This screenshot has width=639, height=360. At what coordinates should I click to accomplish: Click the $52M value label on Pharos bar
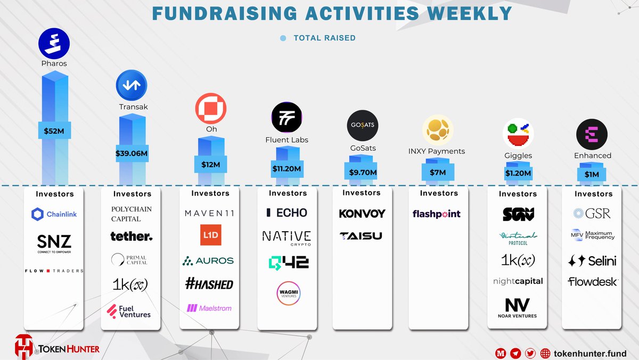coord(54,130)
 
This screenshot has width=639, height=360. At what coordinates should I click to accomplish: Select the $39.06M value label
coord(132,153)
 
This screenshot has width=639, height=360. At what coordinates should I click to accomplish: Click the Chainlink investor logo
coord(54,214)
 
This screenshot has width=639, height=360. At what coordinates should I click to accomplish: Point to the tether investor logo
coord(132,236)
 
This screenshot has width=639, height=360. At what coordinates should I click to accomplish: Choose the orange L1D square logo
coord(210,235)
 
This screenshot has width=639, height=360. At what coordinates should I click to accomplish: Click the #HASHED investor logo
coord(210,284)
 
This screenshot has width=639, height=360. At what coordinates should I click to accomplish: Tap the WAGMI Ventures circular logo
coord(288,293)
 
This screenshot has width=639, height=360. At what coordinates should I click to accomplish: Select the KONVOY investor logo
coord(362,214)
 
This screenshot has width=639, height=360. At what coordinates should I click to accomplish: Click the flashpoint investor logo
coord(437,214)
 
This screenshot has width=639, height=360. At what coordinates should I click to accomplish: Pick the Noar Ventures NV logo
coord(518,308)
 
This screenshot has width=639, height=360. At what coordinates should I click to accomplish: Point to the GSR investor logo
coord(592,214)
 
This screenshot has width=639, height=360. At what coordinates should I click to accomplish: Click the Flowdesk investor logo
coord(593,282)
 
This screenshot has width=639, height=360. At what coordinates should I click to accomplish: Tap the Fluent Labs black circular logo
coord(286,117)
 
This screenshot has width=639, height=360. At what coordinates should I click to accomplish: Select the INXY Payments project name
coord(436,151)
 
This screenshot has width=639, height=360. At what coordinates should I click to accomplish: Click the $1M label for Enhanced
coord(592,174)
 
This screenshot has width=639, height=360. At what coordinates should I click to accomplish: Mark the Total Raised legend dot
coord(283,38)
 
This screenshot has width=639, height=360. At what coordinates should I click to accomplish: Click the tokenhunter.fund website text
coord(590,353)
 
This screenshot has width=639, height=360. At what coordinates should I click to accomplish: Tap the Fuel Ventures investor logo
coord(129,311)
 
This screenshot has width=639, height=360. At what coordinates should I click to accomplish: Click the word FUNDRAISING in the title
coord(218,13)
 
